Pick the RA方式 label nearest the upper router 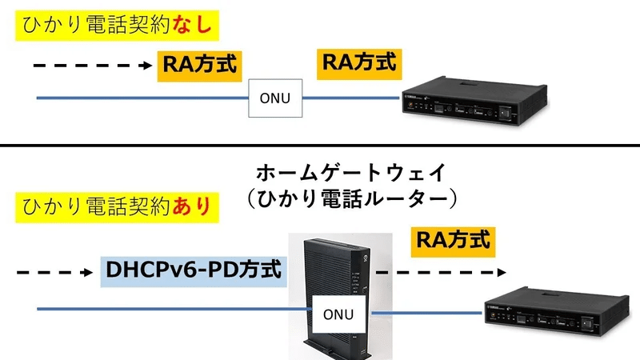pyautogui.click(x=358, y=62)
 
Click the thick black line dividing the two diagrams pyautogui.click(x=320, y=146)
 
